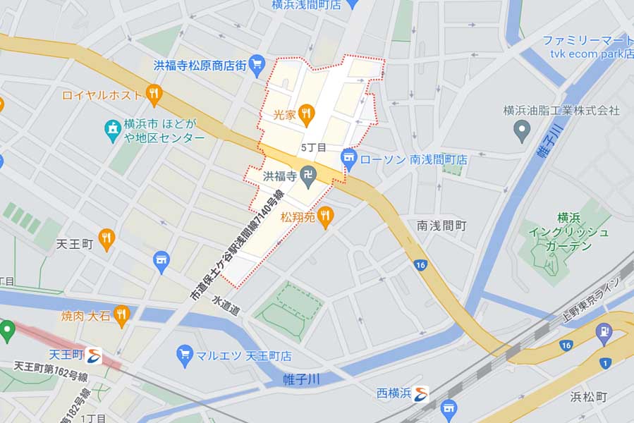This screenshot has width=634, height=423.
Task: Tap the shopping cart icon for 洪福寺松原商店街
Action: click(257, 65)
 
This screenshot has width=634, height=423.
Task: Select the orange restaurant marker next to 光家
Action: click(305, 112)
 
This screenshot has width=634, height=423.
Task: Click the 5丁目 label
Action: click(313, 148)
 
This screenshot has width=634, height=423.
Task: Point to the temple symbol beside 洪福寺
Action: click(307, 173)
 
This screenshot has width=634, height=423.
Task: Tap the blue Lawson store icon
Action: click(348, 159)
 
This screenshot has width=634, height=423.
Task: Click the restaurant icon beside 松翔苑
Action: click(324, 216)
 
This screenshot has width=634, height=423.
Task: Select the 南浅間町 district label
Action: click(441, 226)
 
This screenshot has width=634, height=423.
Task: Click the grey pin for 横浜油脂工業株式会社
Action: click(521, 129)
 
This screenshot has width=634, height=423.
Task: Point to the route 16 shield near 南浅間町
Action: click(421, 265)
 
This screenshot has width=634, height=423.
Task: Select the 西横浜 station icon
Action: click(421, 393)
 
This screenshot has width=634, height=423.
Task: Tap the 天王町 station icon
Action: click(94, 355)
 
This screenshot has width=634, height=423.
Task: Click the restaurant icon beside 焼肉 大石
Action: click(122, 314)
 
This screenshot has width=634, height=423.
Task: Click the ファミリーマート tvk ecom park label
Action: click(587, 47)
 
